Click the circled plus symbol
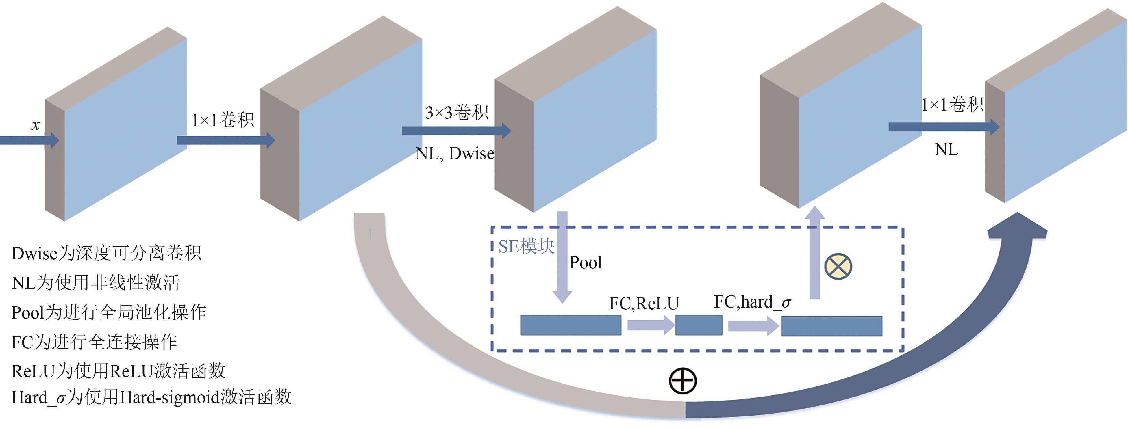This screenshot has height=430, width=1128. (x=683, y=381)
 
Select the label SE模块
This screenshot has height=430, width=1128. (x=526, y=246)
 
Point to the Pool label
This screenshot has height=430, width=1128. (x=586, y=263)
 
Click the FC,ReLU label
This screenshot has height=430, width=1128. (x=644, y=303)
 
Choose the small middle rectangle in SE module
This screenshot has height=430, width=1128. (x=699, y=325)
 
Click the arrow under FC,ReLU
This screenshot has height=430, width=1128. (x=651, y=325)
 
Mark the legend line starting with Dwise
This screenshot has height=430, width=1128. (x=106, y=253)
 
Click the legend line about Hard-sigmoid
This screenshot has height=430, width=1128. (x=151, y=397)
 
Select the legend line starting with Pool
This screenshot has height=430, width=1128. (x=109, y=312)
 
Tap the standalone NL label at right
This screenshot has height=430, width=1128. (x=946, y=150)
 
